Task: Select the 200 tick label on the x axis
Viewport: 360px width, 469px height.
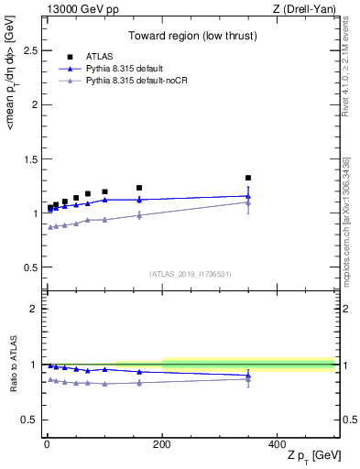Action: [x=162, y=443]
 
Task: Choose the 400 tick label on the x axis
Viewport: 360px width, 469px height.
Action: [x=278, y=443]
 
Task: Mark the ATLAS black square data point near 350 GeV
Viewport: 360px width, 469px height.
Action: [x=248, y=178]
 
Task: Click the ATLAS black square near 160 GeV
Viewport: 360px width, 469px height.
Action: [x=139, y=188]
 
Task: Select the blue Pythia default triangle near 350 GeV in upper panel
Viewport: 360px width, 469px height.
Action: [x=248, y=195]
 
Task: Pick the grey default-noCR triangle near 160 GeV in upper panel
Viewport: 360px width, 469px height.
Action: [x=139, y=214]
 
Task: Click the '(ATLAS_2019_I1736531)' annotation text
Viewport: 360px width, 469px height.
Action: [x=190, y=273]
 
